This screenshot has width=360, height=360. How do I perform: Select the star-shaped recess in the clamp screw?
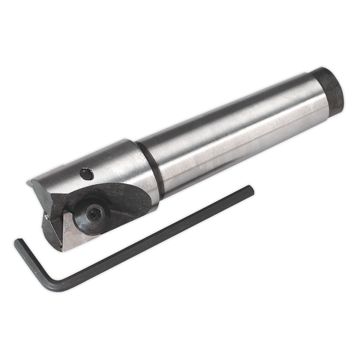coord(93,212)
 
